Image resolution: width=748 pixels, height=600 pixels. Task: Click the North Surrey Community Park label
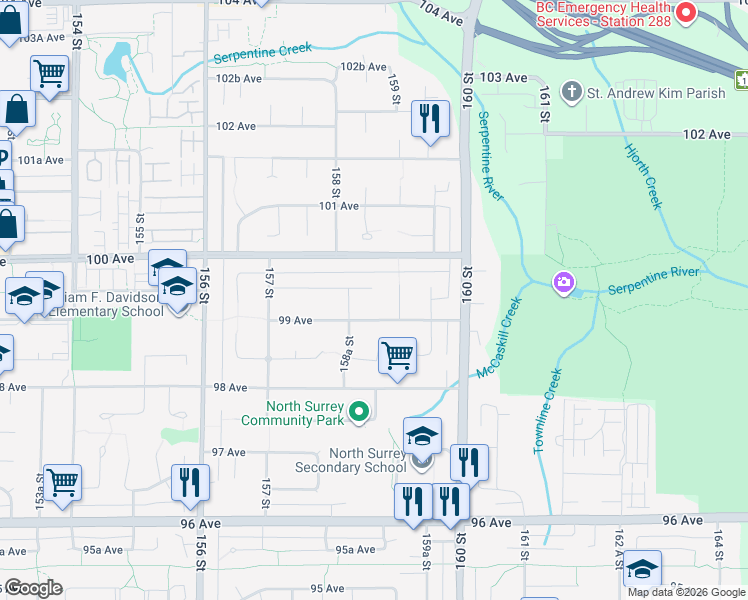(304, 413)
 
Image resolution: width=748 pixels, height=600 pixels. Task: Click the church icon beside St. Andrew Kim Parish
(572, 93)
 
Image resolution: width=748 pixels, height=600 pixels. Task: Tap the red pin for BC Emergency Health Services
(686, 12)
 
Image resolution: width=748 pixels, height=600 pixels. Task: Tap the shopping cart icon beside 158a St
(397, 355)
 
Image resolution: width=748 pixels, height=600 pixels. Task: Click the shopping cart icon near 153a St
(62, 481)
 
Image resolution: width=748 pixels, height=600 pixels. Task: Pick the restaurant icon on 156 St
(189, 482)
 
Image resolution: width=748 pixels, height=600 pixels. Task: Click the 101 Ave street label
(338, 206)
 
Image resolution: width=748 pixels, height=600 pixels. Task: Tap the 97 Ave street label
(228, 452)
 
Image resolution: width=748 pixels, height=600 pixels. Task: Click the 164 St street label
(718, 545)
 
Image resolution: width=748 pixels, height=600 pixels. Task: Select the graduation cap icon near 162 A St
(642, 568)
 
